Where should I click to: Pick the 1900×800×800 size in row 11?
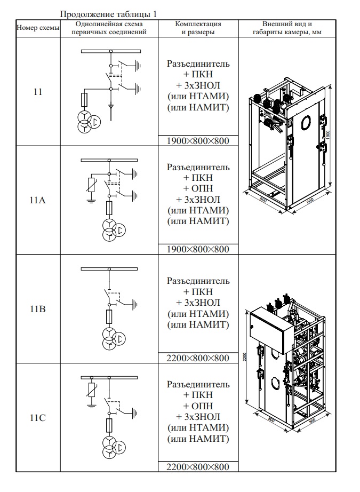tap(198, 141)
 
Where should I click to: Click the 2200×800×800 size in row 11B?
tap(198, 358)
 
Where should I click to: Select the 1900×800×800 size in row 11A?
tap(198, 249)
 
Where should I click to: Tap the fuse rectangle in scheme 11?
tap(84, 99)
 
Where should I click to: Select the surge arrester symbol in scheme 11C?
tap(91, 392)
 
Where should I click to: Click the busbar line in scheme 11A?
tap(109, 160)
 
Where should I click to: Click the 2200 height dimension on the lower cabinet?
tap(244, 356)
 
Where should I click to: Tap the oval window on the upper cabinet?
tap(306, 123)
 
